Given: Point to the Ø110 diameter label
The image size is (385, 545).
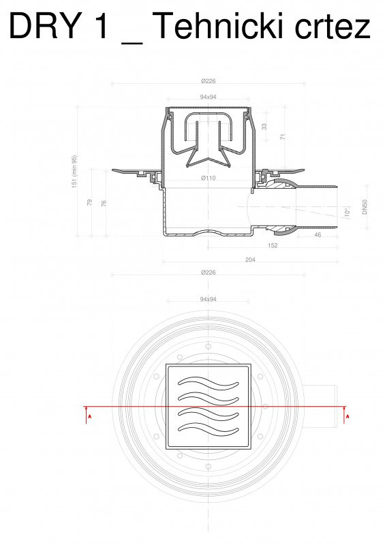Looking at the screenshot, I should [208, 178].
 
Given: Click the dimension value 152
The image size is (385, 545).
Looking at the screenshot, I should [272, 245].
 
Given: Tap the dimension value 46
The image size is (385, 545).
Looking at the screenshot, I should [318, 234].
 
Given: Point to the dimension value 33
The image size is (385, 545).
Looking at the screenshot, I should [265, 126].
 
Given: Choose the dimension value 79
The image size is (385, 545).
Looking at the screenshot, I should [89, 202].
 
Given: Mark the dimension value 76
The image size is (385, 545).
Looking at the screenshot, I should [104, 204].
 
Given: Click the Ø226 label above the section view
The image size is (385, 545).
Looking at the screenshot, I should [208, 81].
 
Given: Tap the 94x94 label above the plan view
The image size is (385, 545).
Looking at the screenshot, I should [208, 298].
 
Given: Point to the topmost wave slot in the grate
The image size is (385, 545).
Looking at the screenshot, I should [209, 381].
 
